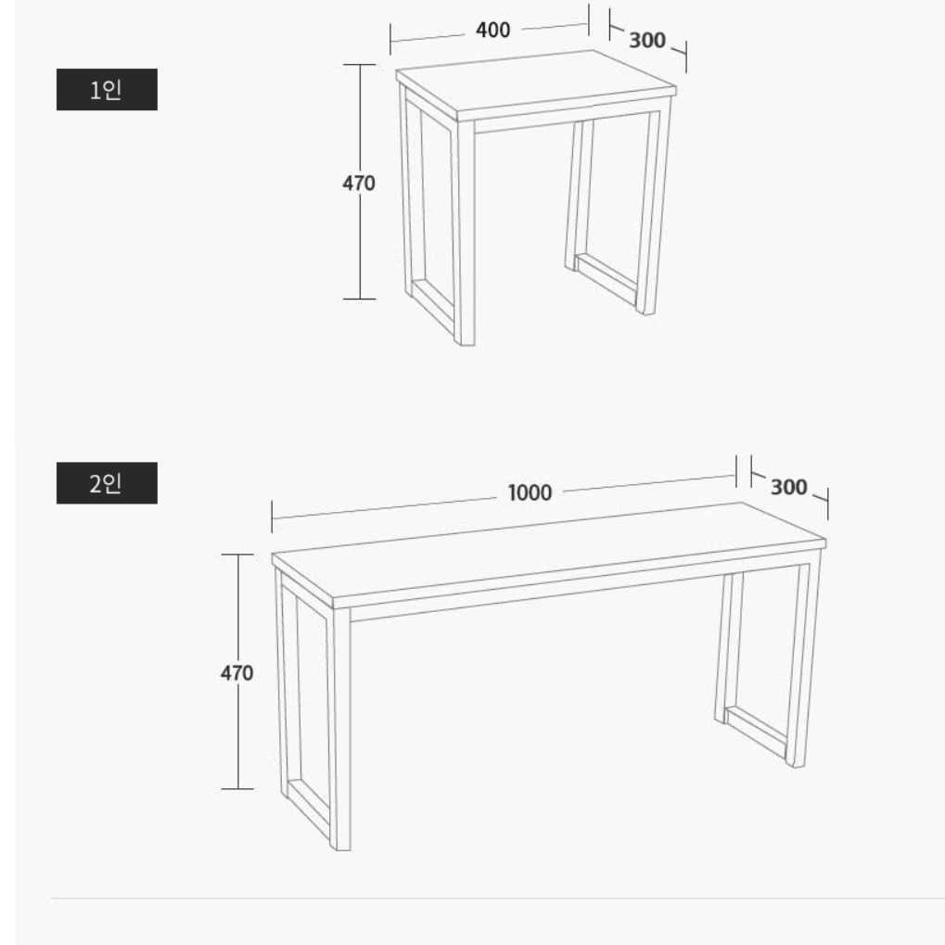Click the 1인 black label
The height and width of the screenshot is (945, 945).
click(107, 89)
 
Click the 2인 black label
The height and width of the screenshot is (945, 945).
click(107, 483)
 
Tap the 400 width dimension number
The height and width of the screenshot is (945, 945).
click(493, 30)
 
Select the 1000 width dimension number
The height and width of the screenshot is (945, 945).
click(530, 492)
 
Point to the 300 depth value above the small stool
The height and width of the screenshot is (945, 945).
click(647, 41)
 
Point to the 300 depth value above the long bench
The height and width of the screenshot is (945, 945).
click(789, 487)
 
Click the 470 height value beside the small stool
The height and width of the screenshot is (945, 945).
click(359, 183)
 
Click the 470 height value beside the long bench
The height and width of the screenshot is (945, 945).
click(236, 672)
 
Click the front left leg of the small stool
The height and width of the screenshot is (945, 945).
click(466, 234)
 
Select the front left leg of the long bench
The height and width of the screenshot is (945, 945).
click(341, 729)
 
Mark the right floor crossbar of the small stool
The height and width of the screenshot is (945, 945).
click(607, 278)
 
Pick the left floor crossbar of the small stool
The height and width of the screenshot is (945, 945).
click(433, 307)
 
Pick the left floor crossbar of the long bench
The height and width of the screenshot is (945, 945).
click(310, 810)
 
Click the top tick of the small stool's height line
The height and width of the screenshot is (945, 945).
click(360, 65)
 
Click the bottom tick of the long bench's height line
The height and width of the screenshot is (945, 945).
click(237, 788)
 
